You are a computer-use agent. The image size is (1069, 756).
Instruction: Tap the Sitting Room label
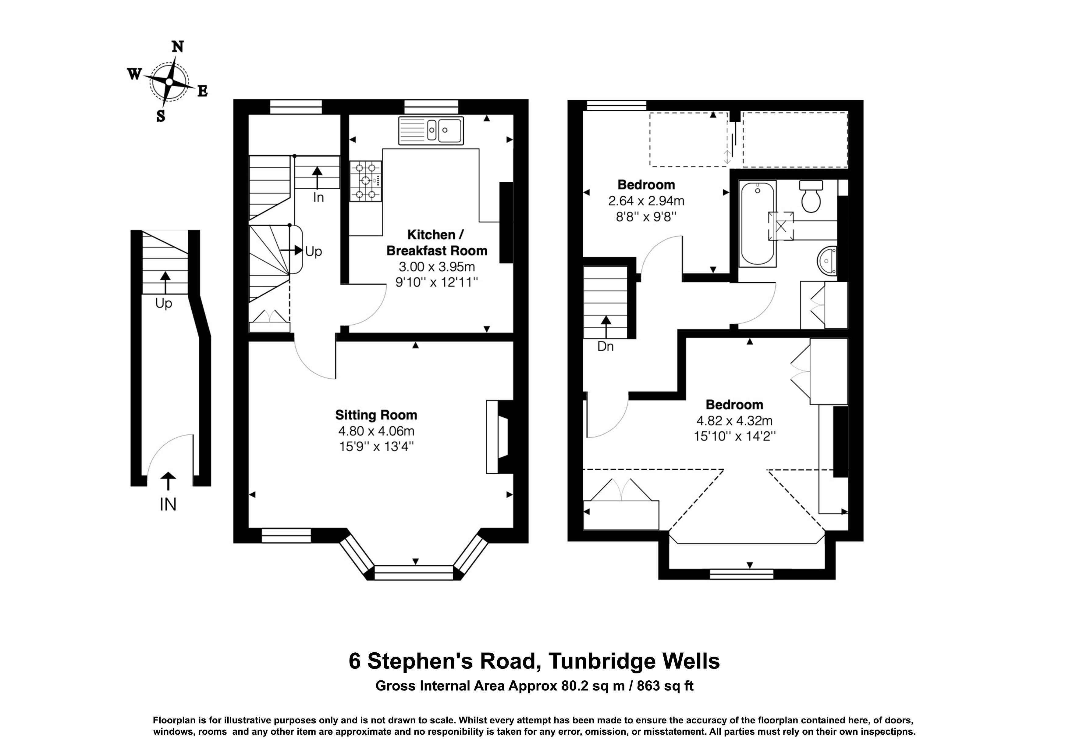376,415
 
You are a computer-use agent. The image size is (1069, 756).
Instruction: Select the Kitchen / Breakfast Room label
437,242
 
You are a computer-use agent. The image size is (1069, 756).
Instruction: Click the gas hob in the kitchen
366,181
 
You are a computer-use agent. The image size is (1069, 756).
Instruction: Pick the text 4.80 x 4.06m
376,431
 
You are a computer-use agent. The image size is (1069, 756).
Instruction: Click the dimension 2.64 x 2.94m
646,201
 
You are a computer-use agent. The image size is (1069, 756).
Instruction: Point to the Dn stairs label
606,347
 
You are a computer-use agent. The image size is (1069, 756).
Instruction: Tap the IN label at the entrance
168,505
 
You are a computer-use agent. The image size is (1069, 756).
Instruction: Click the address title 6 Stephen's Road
445,661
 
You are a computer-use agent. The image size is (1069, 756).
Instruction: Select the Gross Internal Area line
534,686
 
